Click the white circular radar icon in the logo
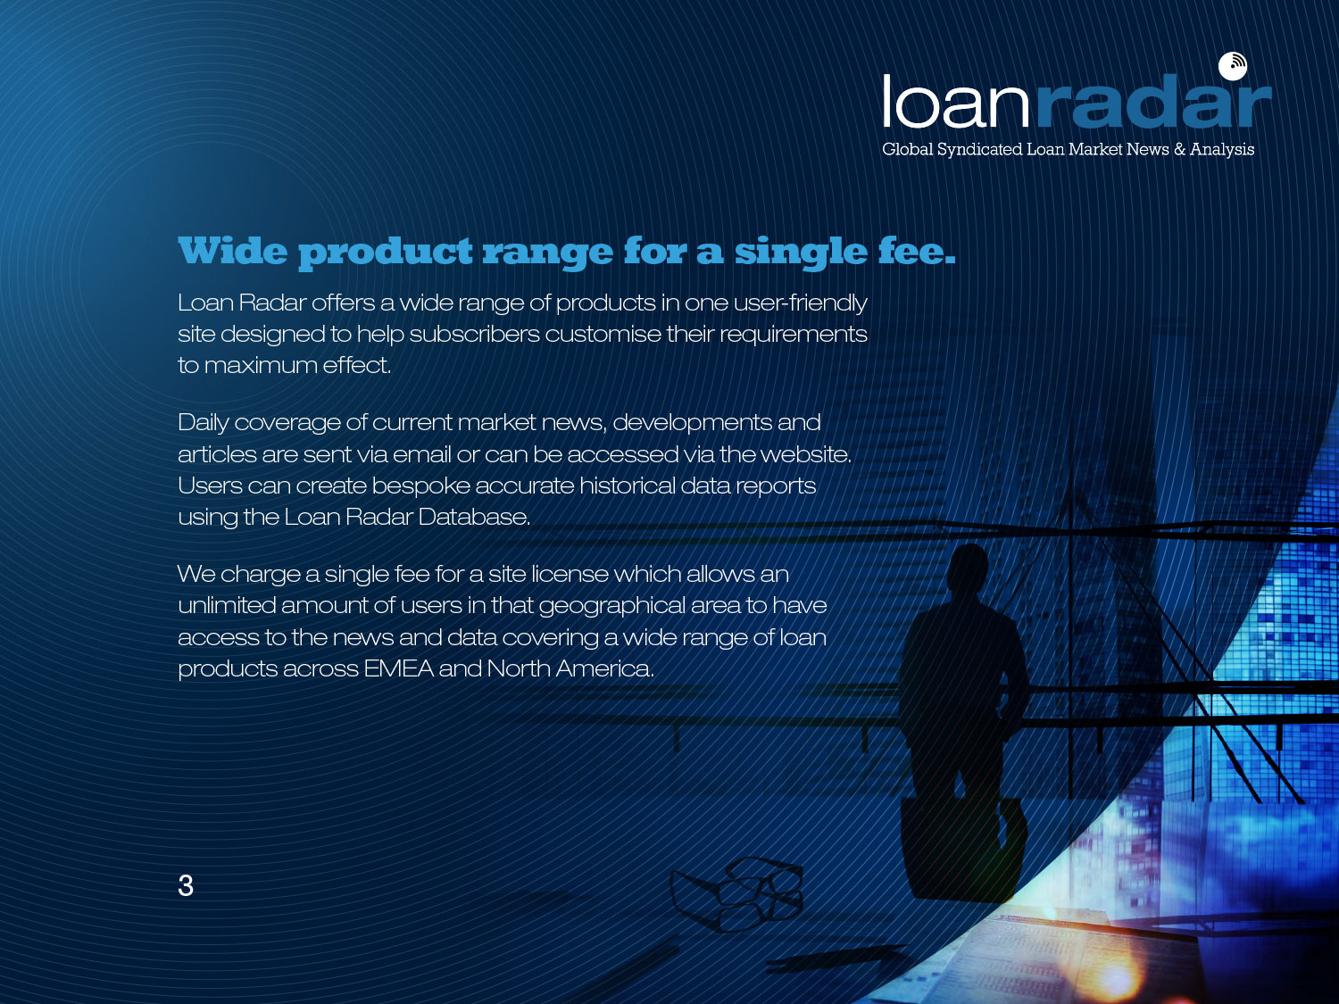point(1232,66)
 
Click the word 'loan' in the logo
point(956,102)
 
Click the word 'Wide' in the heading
point(232,251)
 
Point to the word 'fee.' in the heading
point(917,251)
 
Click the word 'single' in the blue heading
point(801,253)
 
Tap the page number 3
point(186,885)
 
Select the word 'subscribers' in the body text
point(475,334)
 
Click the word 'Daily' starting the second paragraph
point(204,423)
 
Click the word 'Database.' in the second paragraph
point(474,517)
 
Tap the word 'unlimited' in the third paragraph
point(226,605)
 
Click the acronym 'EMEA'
point(398,668)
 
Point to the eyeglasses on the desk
point(737,893)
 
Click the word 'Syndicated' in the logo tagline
point(979,150)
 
